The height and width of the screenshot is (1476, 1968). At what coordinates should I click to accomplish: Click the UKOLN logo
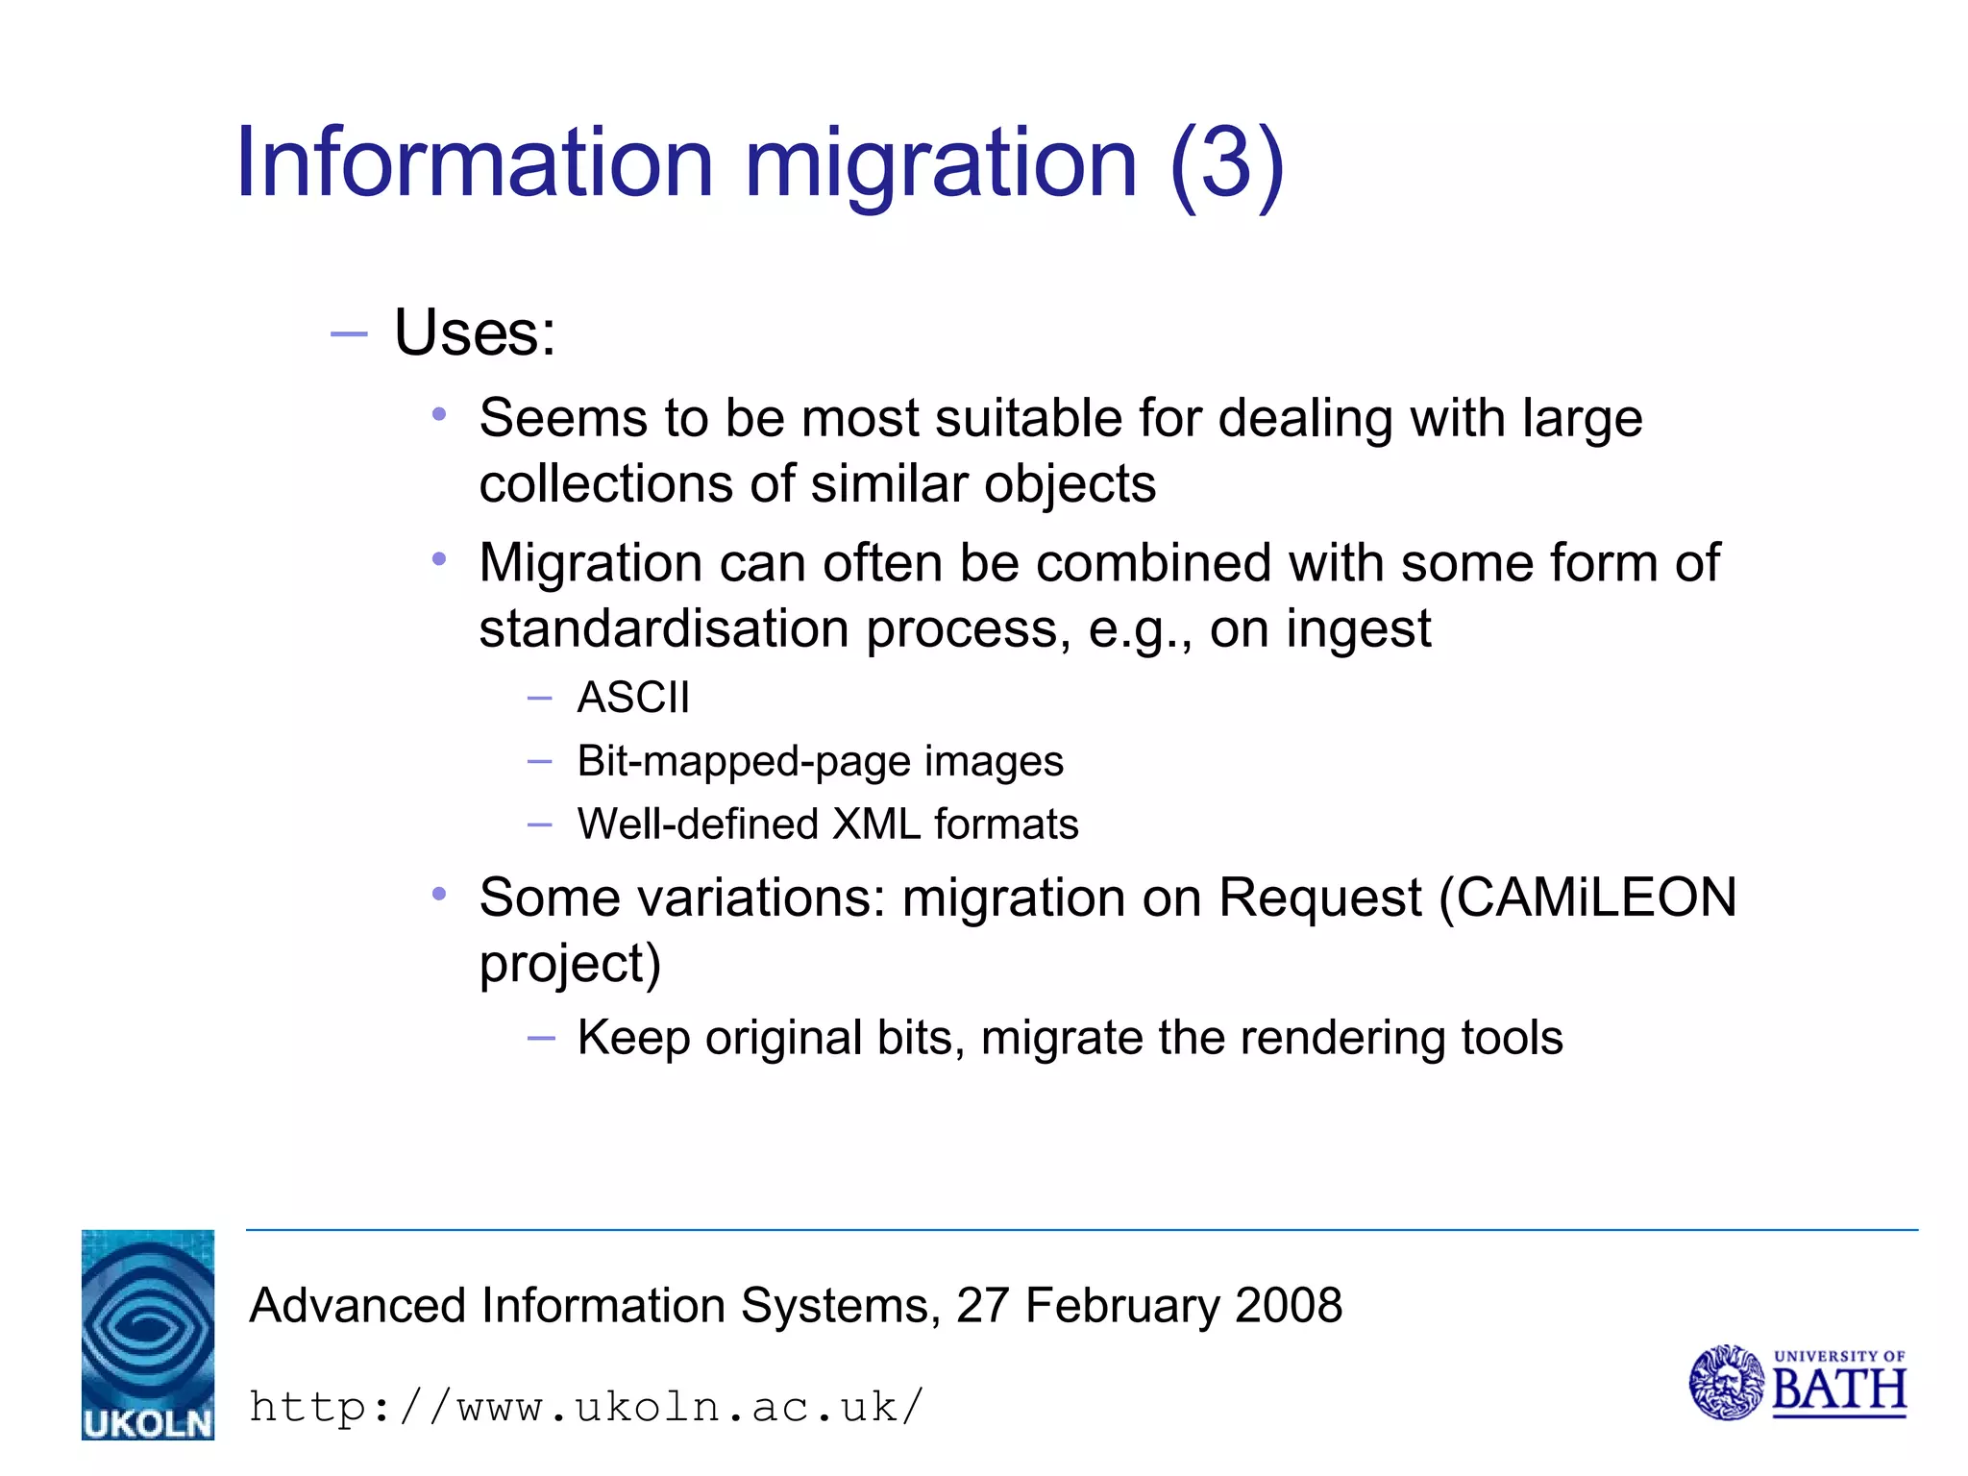(x=148, y=1334)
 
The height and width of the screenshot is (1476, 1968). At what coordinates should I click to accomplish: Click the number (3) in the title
(x=1227, y=163)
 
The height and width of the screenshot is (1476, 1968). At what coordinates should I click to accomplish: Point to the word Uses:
(x=475, y=333)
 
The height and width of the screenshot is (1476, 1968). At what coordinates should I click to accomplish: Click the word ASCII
(x=633, y=698)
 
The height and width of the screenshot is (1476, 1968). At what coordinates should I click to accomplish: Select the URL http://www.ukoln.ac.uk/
(x=586, y=1408)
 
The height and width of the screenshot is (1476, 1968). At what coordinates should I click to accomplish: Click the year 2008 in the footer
(x=1289, y=1306)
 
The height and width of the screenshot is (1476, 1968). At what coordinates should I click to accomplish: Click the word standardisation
(x=664, y=629)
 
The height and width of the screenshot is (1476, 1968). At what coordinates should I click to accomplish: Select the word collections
(x=605, y=483)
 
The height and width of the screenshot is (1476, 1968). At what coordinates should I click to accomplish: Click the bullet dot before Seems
(x=439, y=415)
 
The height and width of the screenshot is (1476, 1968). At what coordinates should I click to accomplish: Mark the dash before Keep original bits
(x=541, y=1038)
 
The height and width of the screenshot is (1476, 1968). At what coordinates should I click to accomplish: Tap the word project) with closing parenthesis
(x=570, y=965)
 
